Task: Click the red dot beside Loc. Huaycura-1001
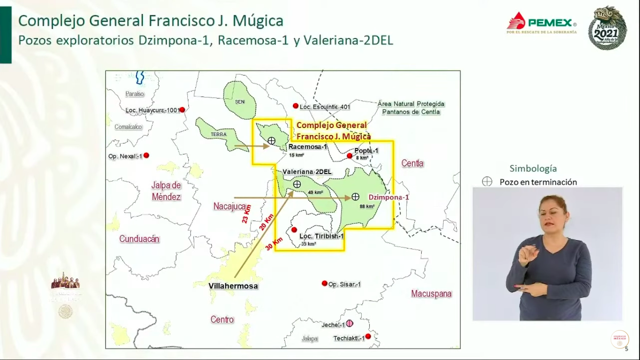pyautogui.click(x=182, y=110)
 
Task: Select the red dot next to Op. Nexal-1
pyautogui.click(x=146, y=155)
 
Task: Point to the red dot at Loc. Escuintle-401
pyautogui.click(x=295, y=105)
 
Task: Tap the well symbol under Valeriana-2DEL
pyautogui.click(x=297, y=184)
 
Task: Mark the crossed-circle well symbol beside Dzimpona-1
pyautogui.click(x=356, y=196)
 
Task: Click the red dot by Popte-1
pyautogui.click(x=350, y=156)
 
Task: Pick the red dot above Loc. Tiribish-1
pyautogui.click(x=294, y=230)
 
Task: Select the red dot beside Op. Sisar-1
pyautogui.click(x=324, y=283)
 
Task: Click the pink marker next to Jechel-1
pyautogui.click(x=350, y=324)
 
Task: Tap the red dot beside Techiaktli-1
pyautogui.click(x=368, y=336)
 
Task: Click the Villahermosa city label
pyautogui.click(x=233, y=286)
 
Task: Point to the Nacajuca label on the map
pyautogui.click(x=230, y=206)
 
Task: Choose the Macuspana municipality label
pyautogui.click(x=432, y=294)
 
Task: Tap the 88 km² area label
pyautogui.click(x=367, y=206)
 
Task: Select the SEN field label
pyautogui.click(x=240, y=102)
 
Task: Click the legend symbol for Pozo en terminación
pyautogui.click(x=487, y=182)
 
